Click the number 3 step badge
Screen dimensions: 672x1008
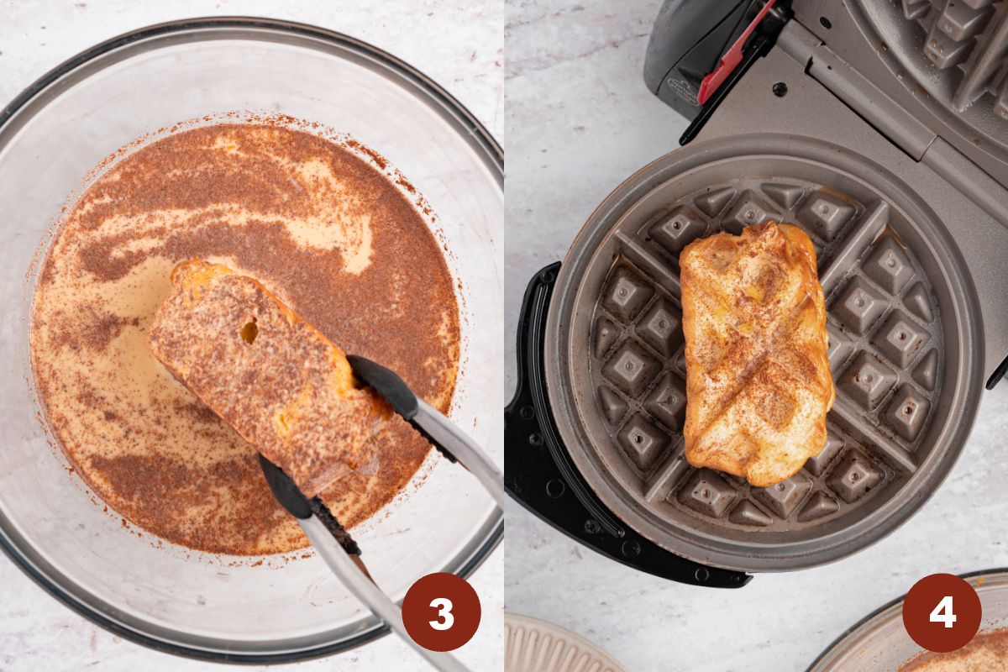tap(441, 612)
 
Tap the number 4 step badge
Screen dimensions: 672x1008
tap(942, 612)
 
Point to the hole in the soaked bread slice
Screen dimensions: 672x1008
tap(249, 331)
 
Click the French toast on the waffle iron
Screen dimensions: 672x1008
tap(756, 353)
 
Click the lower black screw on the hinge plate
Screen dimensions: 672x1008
tap(780, 88)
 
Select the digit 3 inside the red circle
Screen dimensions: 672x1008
tap(441, 613)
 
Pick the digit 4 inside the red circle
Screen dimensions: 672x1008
tap(942, 613)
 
